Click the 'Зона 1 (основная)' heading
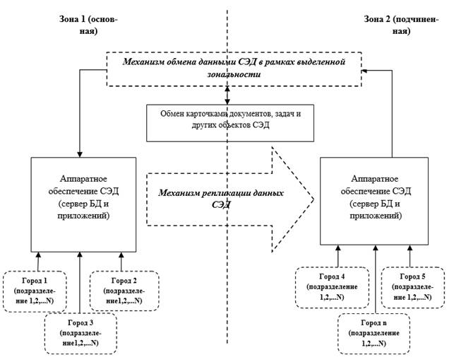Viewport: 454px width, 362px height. tap(88, 25)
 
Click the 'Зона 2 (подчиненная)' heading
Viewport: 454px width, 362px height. tap(401, 25)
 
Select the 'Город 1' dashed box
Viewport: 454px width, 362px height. tap(35, 291)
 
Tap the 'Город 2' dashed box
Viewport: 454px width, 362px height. tap(124, 291)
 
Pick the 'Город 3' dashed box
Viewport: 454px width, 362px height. tap(80, 334)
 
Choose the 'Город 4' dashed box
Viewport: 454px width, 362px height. tap(332, 287)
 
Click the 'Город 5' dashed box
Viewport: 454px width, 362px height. tap(413, 287)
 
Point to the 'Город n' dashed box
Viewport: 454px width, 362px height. tap(374, 333)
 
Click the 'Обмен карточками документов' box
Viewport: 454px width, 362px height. tap(230, 123)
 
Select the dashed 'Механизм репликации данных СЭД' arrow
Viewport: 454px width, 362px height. tap(230, 199)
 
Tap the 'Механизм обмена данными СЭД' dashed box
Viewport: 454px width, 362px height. tap(234, 69)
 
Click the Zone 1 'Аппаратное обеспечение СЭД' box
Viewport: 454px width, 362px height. tap(83, 204)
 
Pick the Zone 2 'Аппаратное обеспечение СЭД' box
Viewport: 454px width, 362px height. tap(374, 201)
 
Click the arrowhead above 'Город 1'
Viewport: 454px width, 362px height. tap(39, 255)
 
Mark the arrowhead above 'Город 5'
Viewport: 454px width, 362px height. tap(410, 248)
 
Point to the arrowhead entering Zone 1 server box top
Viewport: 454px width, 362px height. tap(80, 154)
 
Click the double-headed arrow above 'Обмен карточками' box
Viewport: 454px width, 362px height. tap(227, 95)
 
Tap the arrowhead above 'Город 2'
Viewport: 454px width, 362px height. tap(121, 255)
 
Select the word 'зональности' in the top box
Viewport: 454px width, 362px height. tap(234, 74)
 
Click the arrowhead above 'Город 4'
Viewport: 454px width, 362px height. tap(338, 248)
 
